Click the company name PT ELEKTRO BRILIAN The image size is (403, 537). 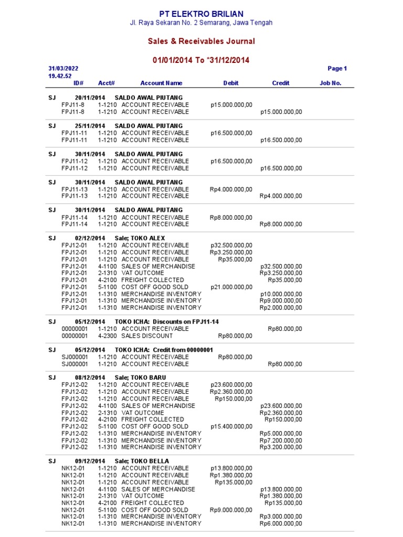click(x=201, y=14)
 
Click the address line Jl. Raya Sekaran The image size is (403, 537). click(x=201, y=23)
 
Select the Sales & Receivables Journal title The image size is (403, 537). click(x=201, y=41)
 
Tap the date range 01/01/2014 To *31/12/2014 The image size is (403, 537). click(x=201, y=60)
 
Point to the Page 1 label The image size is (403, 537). click(x=337, y=69)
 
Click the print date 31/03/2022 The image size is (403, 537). click(x=63, y=69)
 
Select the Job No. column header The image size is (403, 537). click(x=331, y=83)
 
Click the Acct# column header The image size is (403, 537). click(x=107, y=83)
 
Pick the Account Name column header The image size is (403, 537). click(x=161, y=83)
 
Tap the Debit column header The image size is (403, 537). click(x=231, y=83)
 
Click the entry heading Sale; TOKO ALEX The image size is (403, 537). click(x=140, y=238)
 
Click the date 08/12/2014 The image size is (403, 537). click(x=90, y=378)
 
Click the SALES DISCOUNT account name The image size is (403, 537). click(x=147, y=336)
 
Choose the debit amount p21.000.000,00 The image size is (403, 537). click(x=231, y=287)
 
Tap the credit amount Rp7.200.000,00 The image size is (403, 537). click(x=281, y=441)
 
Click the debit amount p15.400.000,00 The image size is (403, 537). click(x=231, y=426)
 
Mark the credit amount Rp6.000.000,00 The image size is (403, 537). click(x=281, y=524)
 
